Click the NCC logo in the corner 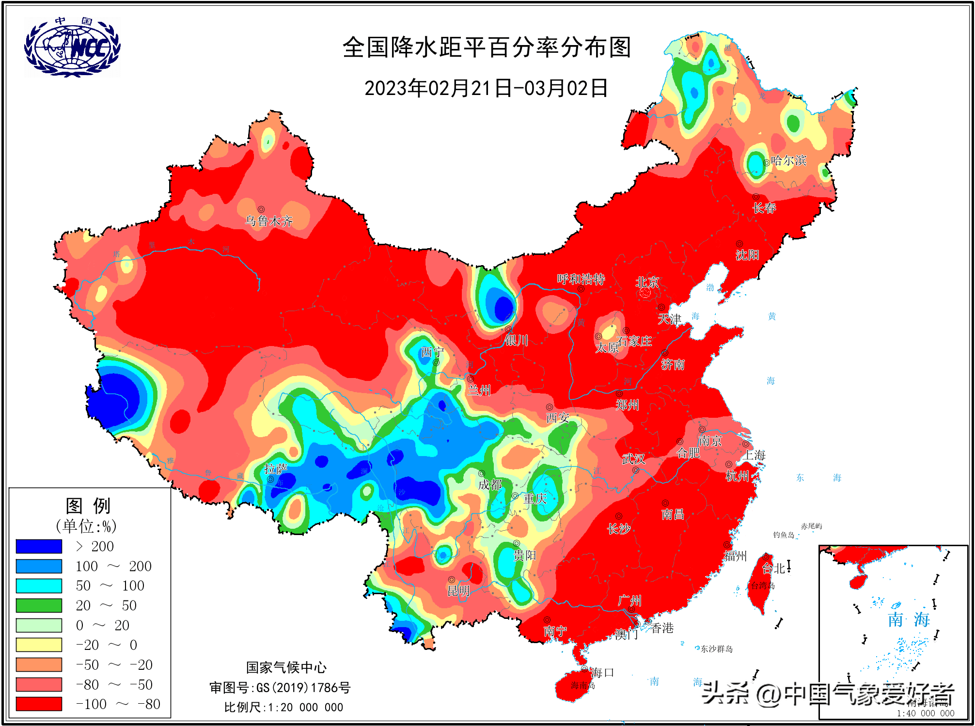[72, 47]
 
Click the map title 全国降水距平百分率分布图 [487, 47]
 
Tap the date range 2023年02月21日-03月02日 [486, 88]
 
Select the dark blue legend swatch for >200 [39, 546]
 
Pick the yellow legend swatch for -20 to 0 [39, 645]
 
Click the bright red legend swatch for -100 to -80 [39, 704]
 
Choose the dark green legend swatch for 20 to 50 [39, 605]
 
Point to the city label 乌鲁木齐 [269, 221]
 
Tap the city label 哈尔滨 [788, 160]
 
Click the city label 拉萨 [275, 469]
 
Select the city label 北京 [647, 282]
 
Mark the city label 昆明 [458, 590]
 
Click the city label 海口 [602, 673]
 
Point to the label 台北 [773, 568]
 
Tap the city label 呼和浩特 [581, 279]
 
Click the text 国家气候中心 [286, 667]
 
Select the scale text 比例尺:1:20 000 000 [283, 707]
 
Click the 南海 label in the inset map [908, 619]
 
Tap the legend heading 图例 [88, 505]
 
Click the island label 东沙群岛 [716, 649]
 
